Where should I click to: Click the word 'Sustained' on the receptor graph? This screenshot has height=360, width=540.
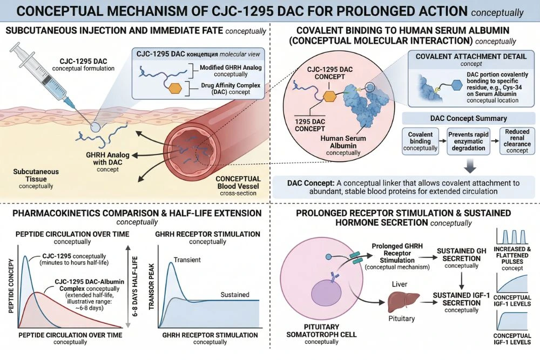[235, 294]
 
